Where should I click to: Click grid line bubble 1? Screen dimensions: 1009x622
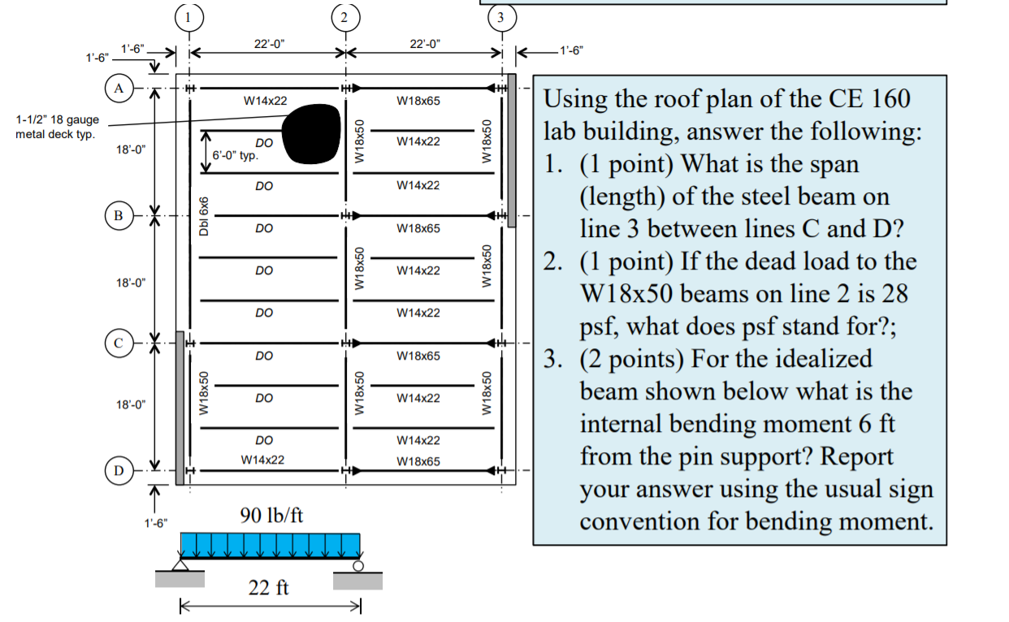[x=189, y=18]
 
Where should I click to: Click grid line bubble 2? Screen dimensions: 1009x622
[x=345, y=18]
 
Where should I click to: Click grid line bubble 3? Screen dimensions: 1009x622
[x=502, y=18]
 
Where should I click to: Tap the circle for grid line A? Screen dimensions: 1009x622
[x=119, y=89]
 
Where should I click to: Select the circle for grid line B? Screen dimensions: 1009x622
[x=119, y=215]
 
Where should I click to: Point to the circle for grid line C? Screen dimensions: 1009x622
[x=119, y=343]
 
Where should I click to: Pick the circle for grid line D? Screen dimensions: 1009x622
[x=119, y=470]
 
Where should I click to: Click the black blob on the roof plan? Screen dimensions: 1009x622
[x=311, y=134]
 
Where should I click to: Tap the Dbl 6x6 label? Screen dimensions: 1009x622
[x=204, y=216]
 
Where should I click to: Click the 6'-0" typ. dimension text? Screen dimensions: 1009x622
[x=235, y=155]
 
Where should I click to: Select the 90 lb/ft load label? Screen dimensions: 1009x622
[x=271, y=515]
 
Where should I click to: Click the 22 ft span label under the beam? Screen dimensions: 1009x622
[x=268, y=587]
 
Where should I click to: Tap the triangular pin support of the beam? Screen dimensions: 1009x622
[x=180, y=565]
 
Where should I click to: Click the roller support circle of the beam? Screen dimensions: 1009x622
[x=358, y=566]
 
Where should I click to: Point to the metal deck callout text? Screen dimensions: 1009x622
[x=57, y=127]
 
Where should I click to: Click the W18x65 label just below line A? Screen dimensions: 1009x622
[x=418, y=101]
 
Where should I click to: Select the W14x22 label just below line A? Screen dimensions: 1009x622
[x=266, y=101]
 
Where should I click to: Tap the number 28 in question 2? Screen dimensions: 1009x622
[x=894, y=293]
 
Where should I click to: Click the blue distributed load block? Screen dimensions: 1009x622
[x=271, y=546]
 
